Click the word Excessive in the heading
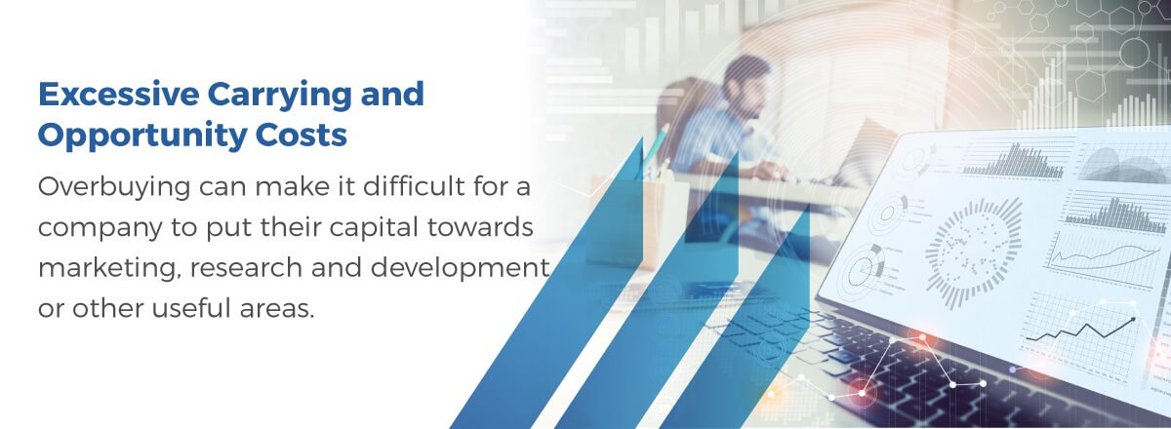pyautogui.click(x=119, y=94)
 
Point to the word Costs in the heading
pyautogui.click(x=302, y=135)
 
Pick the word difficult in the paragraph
pyautogui.click(x=414, y=186)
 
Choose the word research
pyautogui.click(x=246, y=267)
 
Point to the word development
pyautogui.click(x=460, y=268)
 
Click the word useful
pyautogui.click(x=191, y=308)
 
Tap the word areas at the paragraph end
pyautogui.click(x=277, y=309)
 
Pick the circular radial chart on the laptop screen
pyautogui.click(x=972, y=253)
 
